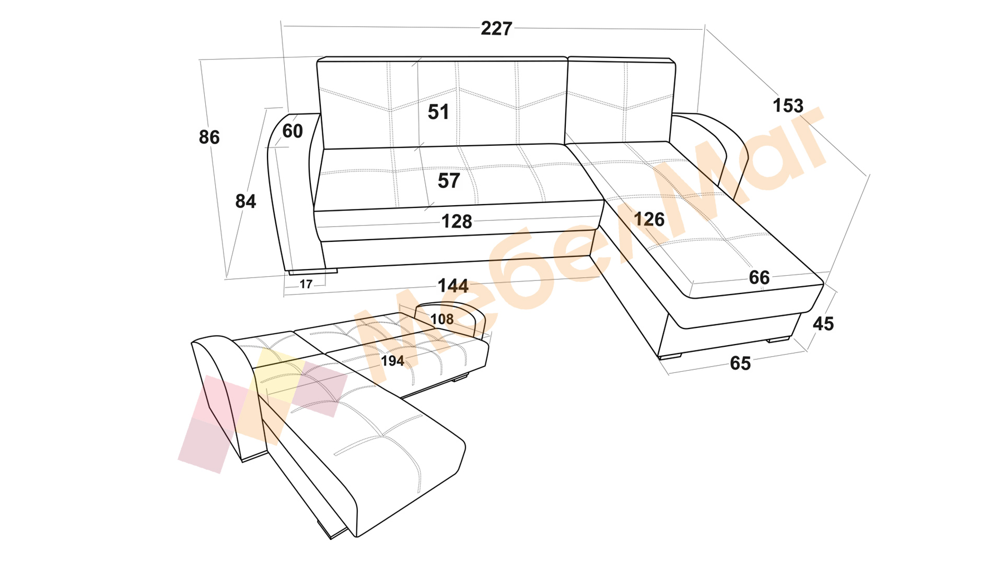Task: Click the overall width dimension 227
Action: [x=496, y=28]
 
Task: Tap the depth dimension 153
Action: [x=788, y=105]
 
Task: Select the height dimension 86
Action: [x=209, y=137]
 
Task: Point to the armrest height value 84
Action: [x=246, y=201]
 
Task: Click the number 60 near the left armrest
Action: [x=293, y=131]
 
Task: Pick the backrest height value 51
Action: [x=438, y=112]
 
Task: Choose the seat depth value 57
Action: [x=449, y=181]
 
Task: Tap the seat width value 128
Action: [x=457, y=221]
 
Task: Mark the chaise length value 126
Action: [x=649, y=219]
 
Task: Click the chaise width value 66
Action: [x=759, y=277]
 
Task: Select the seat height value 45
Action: [x=823, y=324]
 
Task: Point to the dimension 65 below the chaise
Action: [x=740, y=363]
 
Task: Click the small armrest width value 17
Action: [x=306, y=284]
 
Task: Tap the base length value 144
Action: [x=453, y=286]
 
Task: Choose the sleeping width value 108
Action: [x=442, y=319]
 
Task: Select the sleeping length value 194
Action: [x=392, y=361]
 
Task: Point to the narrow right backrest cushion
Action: [x=620, y=100]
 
